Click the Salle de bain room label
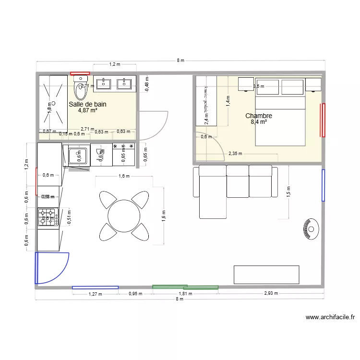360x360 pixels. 87,104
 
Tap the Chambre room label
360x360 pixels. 259,116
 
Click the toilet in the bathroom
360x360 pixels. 80,90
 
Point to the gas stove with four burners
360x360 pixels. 48,216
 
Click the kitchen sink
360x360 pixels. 78,155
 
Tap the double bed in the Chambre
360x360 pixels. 280,120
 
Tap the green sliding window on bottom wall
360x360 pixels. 185,287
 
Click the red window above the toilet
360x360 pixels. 80,73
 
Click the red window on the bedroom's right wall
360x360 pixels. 324,120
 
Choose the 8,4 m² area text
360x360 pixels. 259,122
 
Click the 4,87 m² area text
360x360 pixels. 87,110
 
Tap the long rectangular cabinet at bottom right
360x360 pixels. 266,274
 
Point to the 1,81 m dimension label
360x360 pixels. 185,294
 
